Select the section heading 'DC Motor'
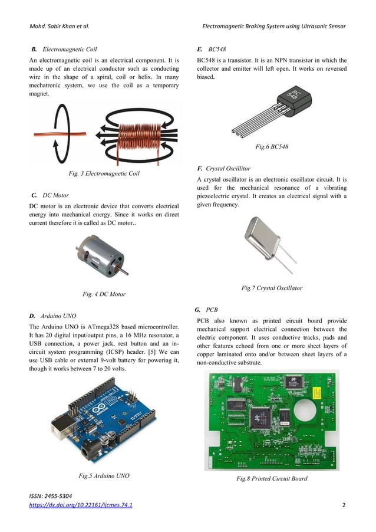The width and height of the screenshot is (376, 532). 56,194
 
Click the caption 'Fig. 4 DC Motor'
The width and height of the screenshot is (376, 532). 104,294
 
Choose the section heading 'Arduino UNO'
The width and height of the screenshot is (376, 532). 58,316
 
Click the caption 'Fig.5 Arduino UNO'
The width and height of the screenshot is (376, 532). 104,475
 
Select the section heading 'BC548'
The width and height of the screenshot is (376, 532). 217,48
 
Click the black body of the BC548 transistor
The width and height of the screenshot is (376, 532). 295,99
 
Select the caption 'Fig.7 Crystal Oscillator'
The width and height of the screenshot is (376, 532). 272,288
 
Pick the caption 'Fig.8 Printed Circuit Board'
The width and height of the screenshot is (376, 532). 272,479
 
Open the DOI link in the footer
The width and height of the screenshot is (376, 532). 81,505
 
